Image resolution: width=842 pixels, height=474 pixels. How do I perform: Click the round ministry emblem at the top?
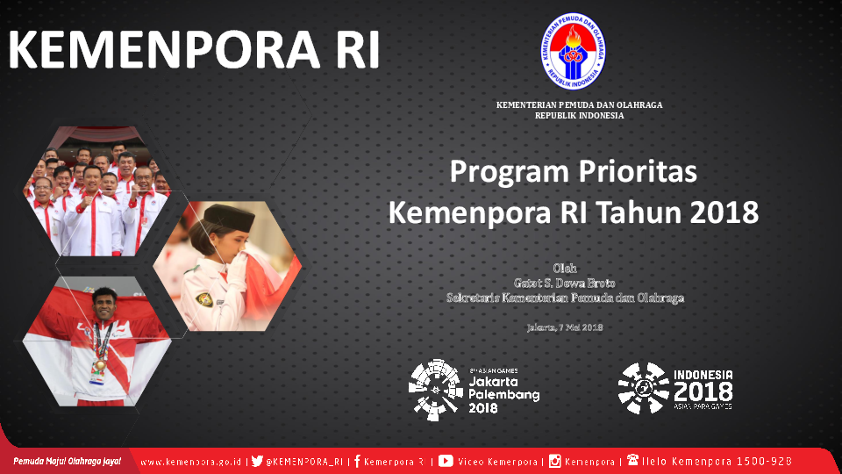click(572, 51)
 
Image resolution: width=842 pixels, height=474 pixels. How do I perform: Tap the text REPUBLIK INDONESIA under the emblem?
click(579, 116)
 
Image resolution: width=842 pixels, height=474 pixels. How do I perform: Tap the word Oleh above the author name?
click(565, 268)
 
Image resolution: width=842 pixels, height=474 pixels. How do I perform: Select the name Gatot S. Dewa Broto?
click(564, 283)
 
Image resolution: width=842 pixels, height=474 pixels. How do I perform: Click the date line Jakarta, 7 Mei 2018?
click(564, 327)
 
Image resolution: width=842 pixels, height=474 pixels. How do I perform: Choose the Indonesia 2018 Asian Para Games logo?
click(675, 388)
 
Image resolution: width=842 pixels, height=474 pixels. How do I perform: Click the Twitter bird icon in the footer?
click(257, 461)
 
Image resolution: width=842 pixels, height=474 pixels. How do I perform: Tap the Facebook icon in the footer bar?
click(358, 461)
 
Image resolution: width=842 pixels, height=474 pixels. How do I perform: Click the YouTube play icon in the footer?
click(446, 461)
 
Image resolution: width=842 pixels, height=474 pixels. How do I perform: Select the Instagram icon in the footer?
click(555, 461)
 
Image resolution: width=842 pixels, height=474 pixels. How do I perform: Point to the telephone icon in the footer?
click(632, 460)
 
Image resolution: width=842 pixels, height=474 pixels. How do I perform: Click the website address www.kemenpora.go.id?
click(192, 462)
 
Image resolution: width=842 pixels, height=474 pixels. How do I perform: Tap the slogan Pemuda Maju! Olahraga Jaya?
click(67, 461)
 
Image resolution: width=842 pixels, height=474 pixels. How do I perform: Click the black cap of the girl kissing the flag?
click(229, 216)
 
